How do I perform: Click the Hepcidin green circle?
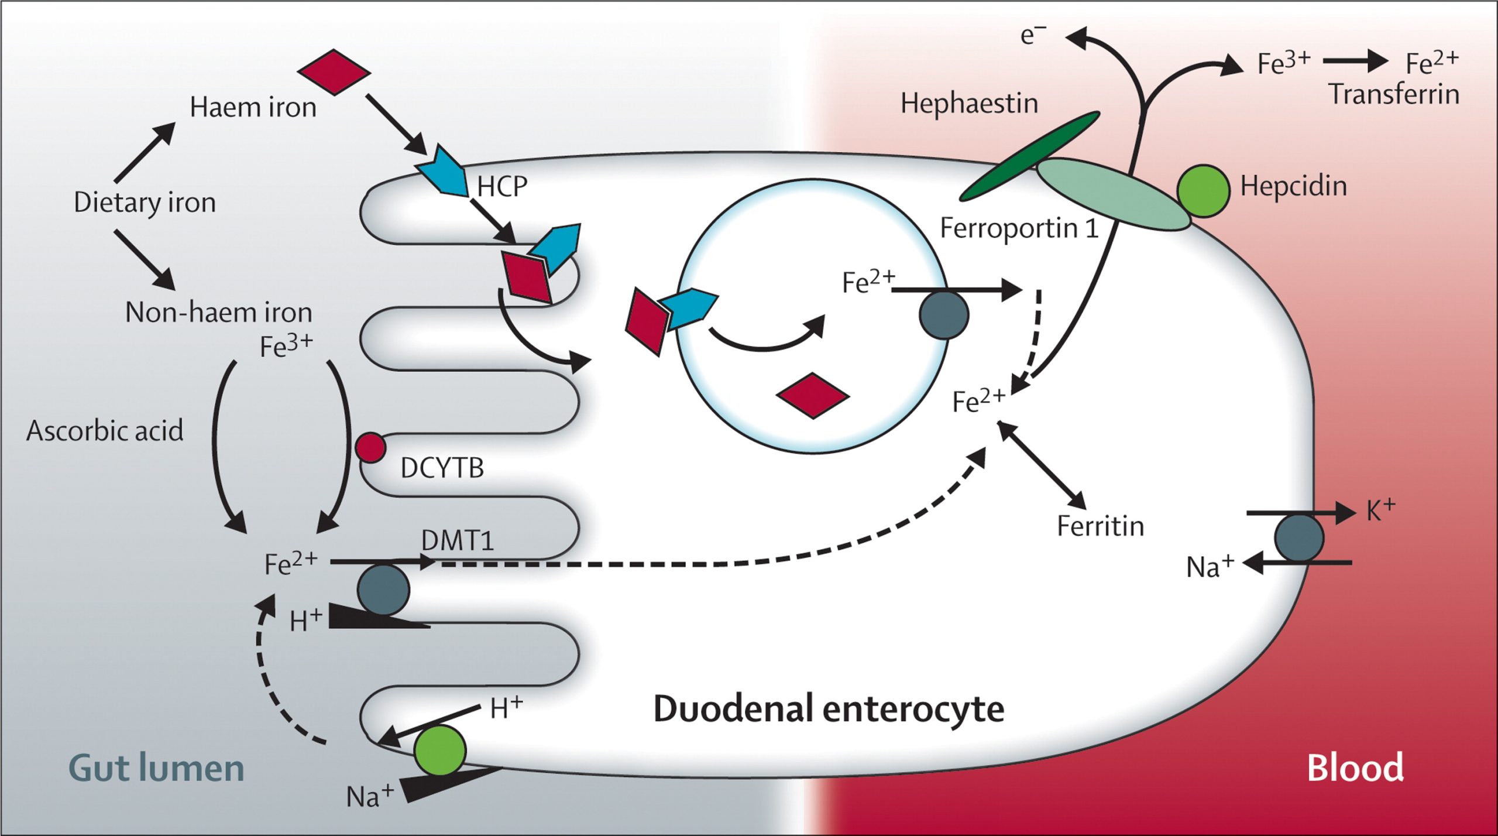point(1202,191)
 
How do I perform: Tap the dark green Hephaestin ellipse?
point(1030,156)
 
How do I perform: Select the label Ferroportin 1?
point(1019,228)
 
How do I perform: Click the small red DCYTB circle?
point(370,448)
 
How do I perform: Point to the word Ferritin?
point(1100,526)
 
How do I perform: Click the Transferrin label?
point(1394,95)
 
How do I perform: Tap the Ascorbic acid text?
point(105,431)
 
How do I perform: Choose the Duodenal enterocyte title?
point(829,709)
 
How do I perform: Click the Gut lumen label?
point(156,768)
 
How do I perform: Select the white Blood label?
point(1355,768)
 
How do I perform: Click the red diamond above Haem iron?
point(334,71)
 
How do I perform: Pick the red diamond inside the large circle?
point(813,396)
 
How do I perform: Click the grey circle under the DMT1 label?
point(383,590)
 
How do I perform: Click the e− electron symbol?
point(1033,35)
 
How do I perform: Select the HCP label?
point(502,187)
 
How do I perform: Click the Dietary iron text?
point(145,203)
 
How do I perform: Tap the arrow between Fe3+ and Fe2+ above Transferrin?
point(1355,61)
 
